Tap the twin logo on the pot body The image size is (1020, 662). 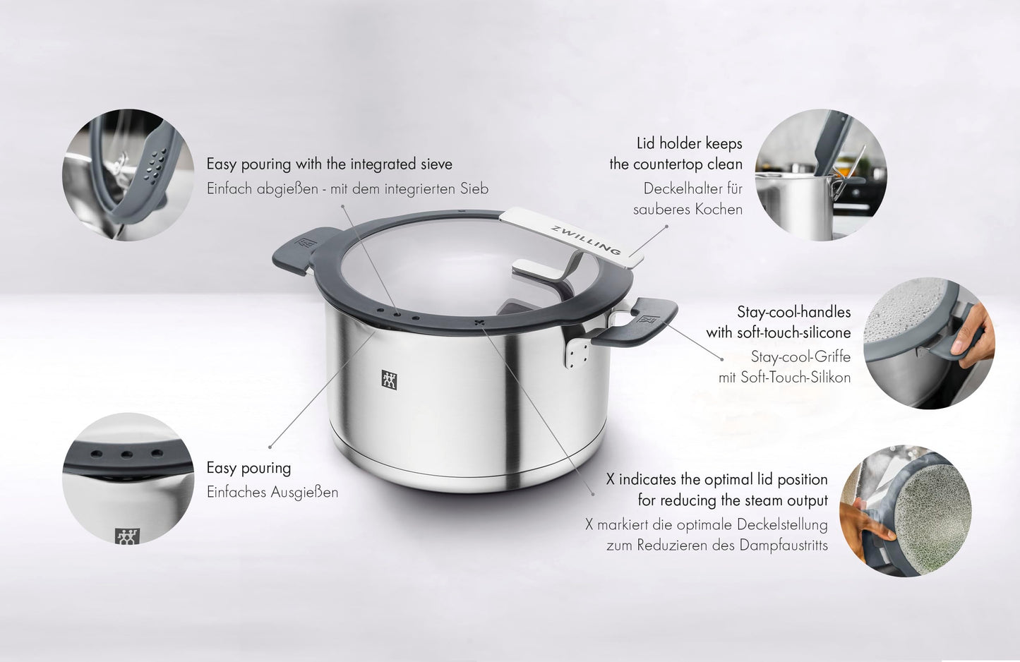tap(390, 380)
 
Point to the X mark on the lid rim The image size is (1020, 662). tap(480, 324)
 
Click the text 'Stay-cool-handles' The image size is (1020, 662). tap(794, 312)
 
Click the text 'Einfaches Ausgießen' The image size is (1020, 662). tap(272, 493)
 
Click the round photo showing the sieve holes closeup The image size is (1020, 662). tap(128, 174)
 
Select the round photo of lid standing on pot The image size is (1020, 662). tap(820, 174)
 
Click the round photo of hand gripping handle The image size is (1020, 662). tap(928, 343)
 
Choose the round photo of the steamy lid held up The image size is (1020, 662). tap(905, 510)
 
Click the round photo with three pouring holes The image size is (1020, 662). tap(128, 478)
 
